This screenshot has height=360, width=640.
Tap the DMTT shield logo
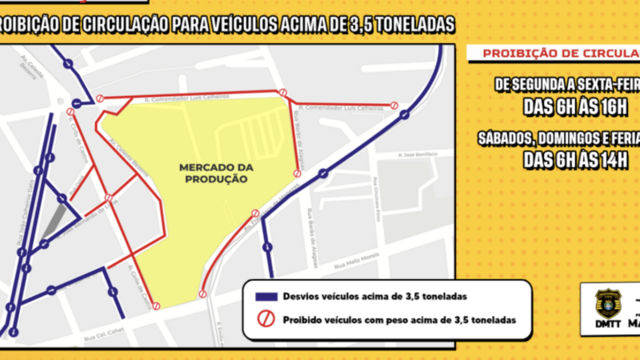coord(608,303)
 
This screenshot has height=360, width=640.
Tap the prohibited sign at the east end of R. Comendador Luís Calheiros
coord(394,106)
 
